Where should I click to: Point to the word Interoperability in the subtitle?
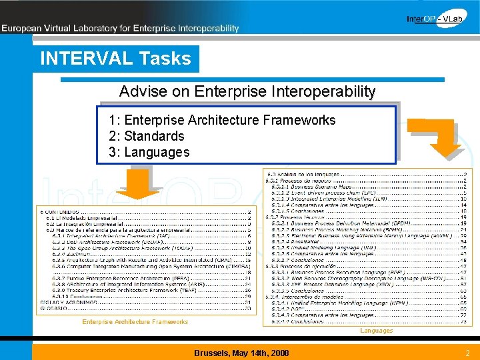coord(323,91)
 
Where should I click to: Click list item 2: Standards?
coord(147,136)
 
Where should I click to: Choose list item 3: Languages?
coord(149,152)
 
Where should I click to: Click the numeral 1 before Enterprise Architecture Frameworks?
coord(113,120)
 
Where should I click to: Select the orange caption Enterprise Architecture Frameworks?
coord(135,322)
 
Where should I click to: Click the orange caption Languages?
coord(377,331)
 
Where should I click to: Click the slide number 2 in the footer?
coord(467,353)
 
